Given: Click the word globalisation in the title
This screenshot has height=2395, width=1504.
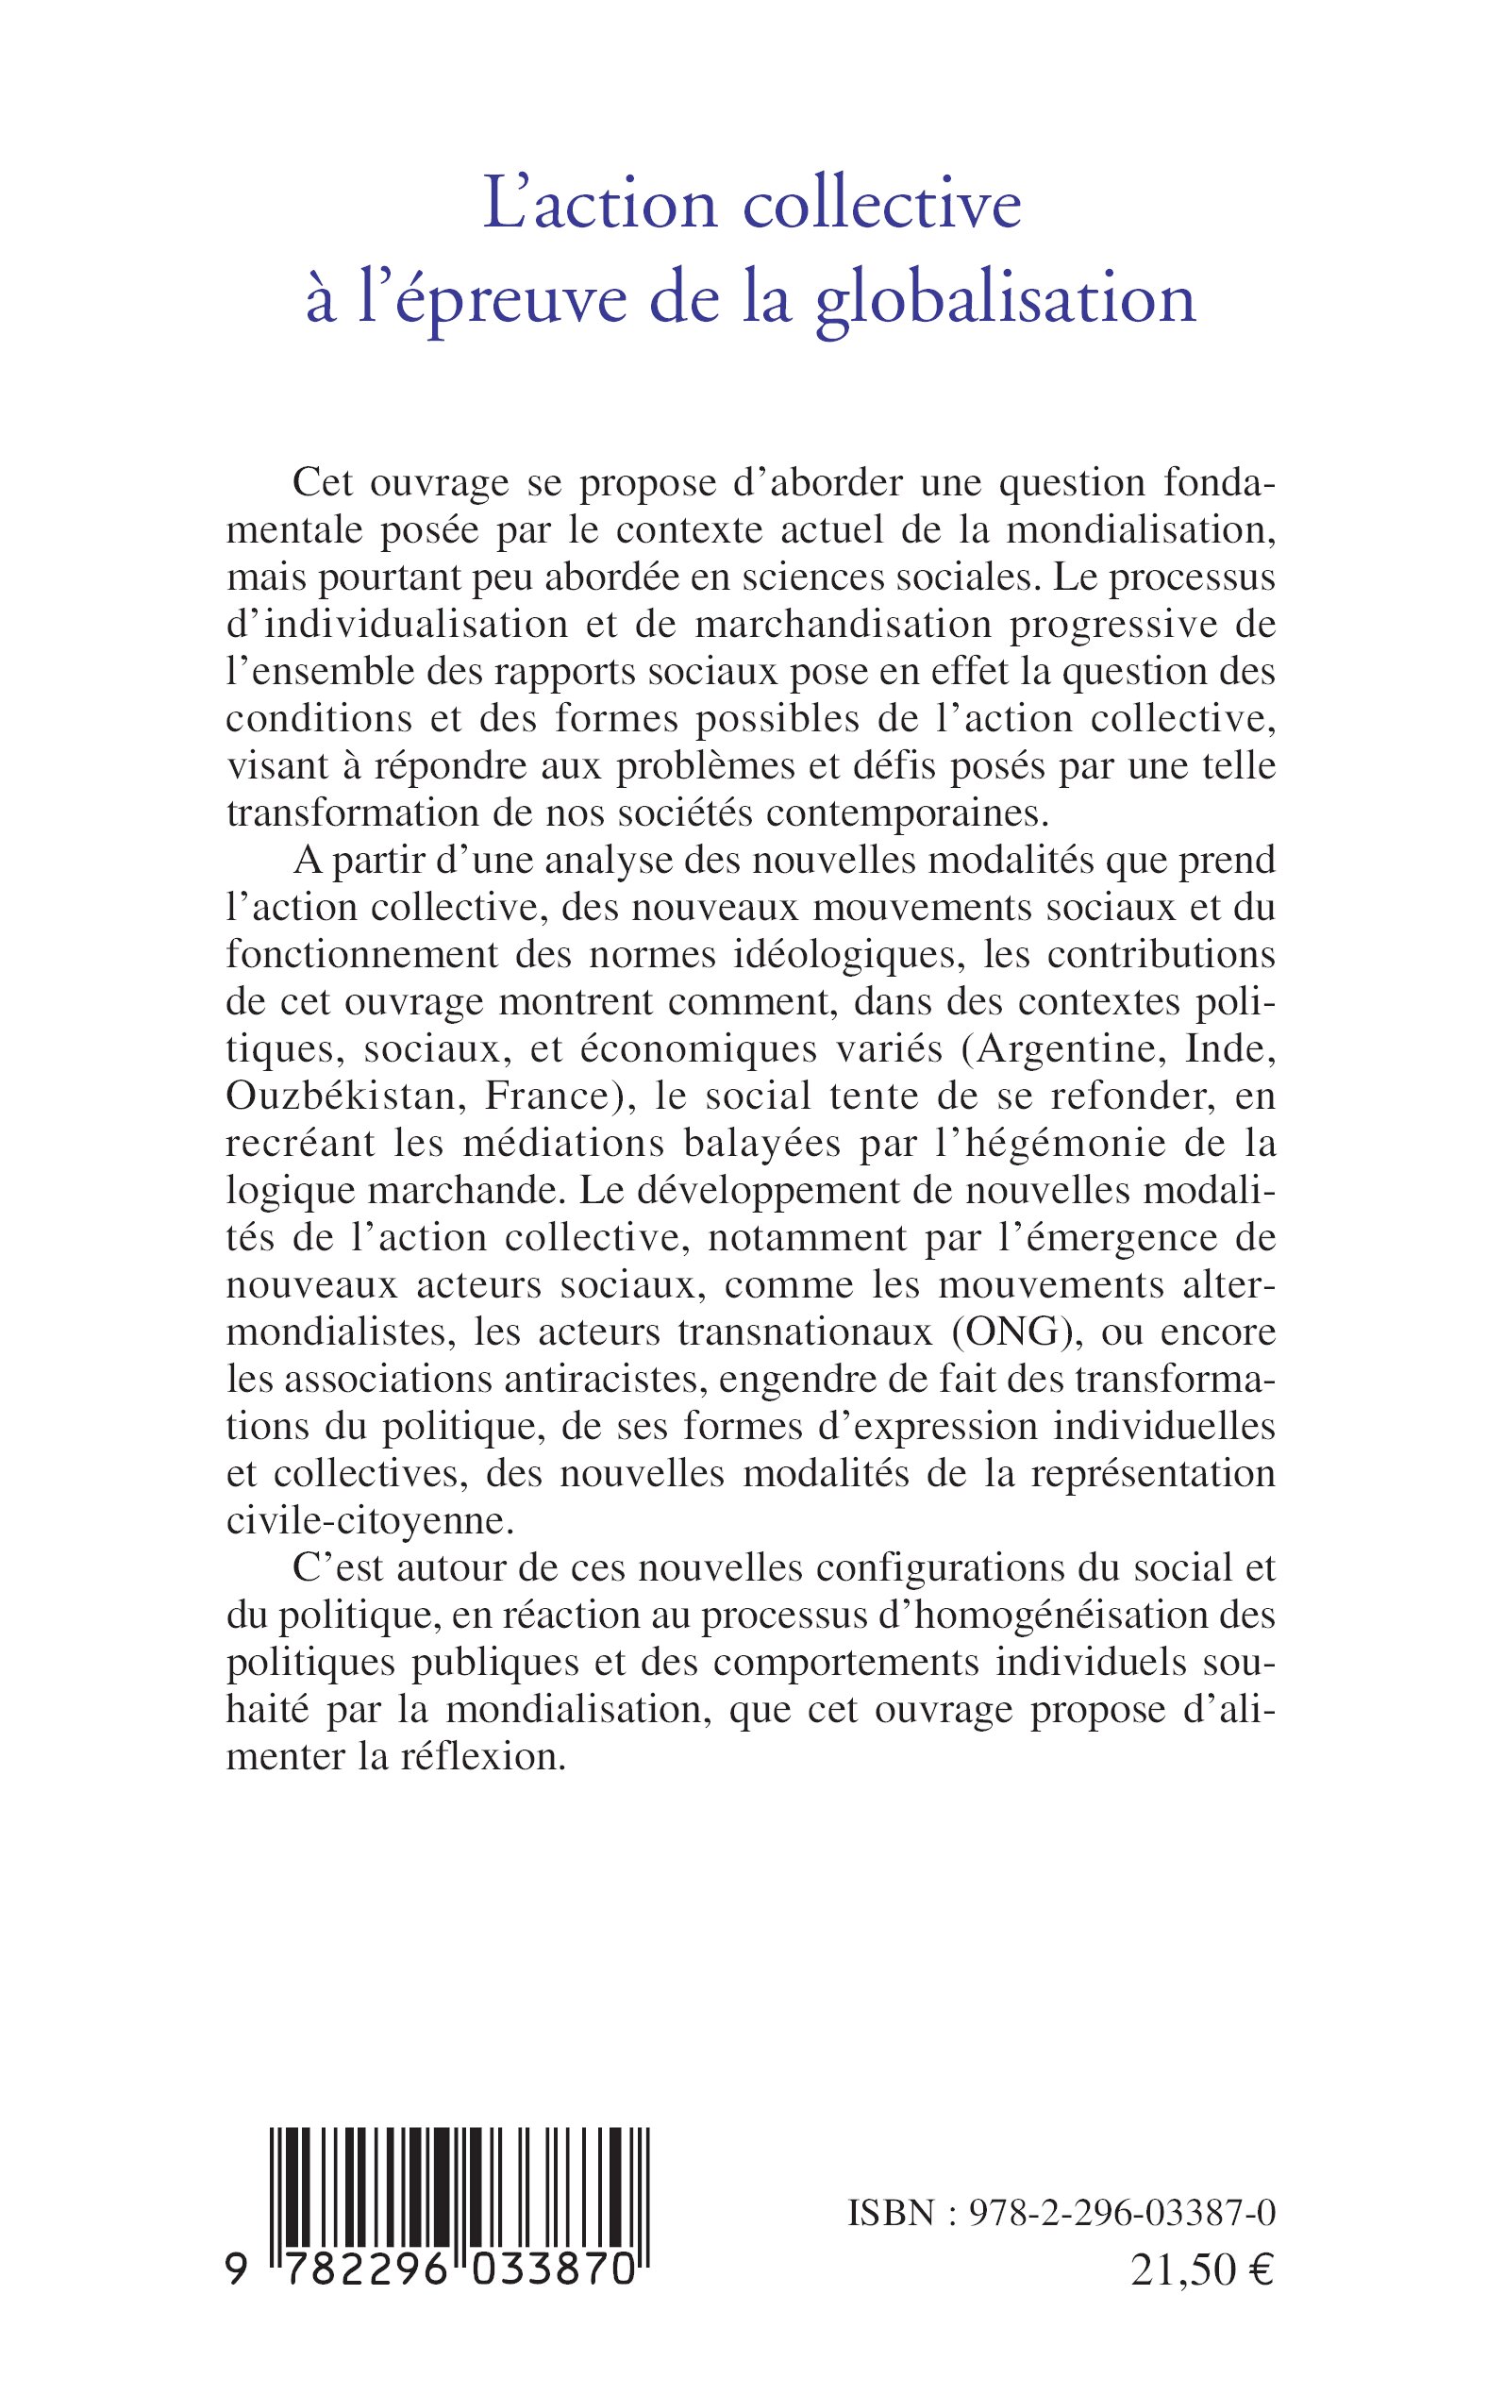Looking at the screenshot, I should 1006,299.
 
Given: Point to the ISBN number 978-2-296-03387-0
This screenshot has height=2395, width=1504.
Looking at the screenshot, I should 1111,2214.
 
